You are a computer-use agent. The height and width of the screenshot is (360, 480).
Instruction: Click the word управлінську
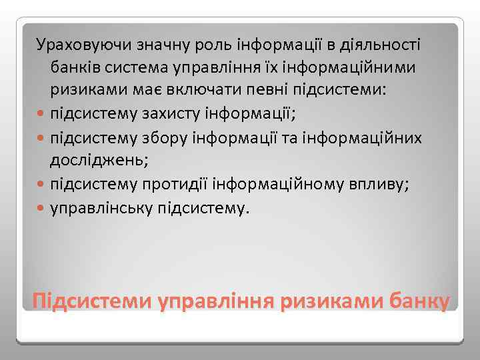click(101, 206)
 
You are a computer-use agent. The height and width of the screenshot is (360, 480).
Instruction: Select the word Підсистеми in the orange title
click(90, 299)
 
